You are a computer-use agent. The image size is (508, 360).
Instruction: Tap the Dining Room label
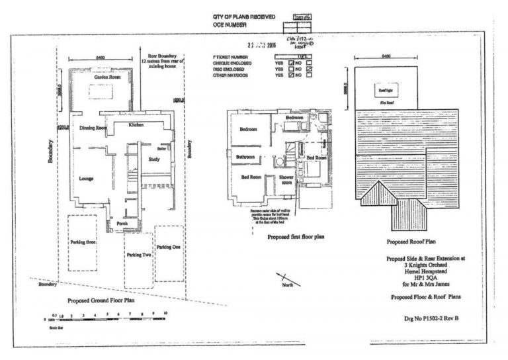[93, 128]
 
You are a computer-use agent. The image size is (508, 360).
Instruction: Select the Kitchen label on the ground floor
[136, 124]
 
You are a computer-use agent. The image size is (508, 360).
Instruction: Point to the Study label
[155, 159]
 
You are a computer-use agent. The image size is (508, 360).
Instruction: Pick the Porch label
[122, 224]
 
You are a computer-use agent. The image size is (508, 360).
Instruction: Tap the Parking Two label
[139, 255]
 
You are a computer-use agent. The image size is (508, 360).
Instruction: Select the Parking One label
[167, 247]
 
